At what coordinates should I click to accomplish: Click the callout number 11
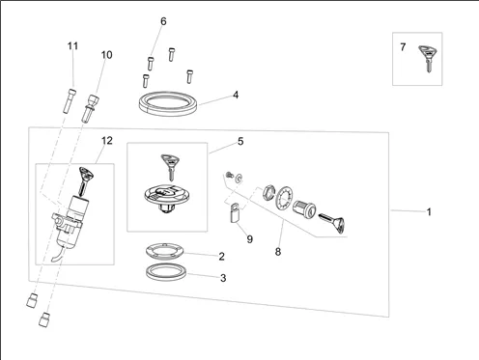point(72,46)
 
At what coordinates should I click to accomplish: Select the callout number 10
point(106,55)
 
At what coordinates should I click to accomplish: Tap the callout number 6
point(163,21)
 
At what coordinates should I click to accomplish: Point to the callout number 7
point(403,47)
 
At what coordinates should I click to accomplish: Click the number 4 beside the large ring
point(236,95)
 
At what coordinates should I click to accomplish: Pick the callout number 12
point(107,141)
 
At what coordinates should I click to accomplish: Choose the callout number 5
point(240,141)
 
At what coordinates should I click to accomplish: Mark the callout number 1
point(429,212)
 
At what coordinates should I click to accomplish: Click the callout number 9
point(250,239)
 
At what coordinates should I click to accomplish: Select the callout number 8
point(278,252)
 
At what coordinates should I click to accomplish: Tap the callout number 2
point(221,257)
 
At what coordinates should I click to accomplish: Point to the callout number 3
point(223,278)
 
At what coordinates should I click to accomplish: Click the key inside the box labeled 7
point(427,59)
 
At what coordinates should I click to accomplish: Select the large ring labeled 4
point(168,111)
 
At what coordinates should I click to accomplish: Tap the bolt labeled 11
point(70,100)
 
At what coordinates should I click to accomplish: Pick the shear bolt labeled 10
point(90,108)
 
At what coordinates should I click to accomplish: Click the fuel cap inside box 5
point(166,198)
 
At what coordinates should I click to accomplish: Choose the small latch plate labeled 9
point(235,212)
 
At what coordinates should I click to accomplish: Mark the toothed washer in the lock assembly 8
point(284,198)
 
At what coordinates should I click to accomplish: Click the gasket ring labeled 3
point(166,272)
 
